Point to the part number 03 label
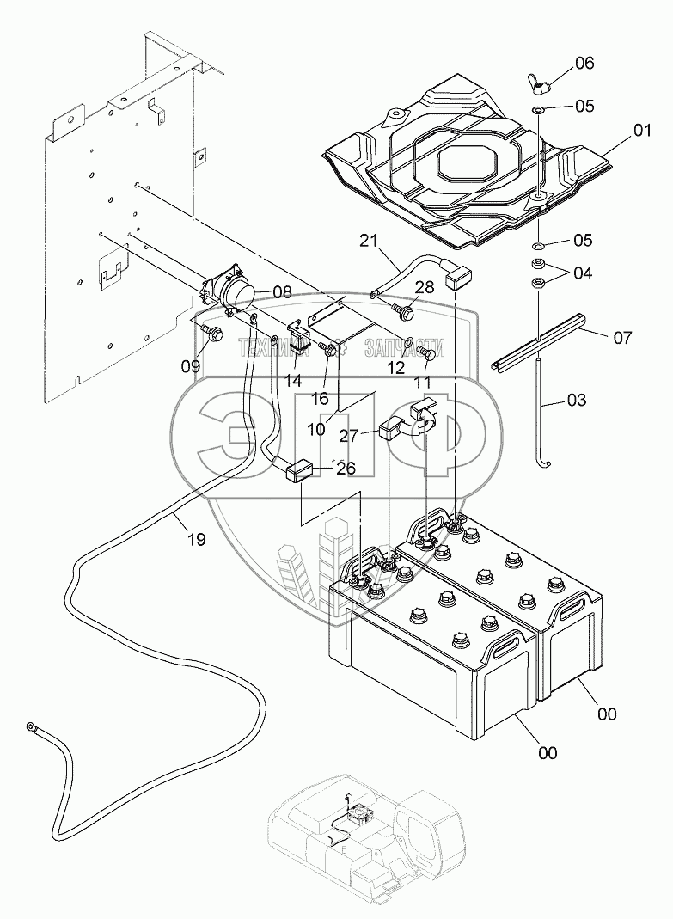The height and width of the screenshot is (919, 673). (x=578, y=400)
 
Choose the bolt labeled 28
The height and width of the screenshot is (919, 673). (x=400, y=305)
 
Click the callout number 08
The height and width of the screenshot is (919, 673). (x=282, y=292)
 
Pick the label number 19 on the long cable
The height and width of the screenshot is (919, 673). (x=197, y=540)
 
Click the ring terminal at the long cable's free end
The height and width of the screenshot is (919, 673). (x=34, y=729)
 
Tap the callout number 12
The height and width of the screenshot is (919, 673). (x=395, y=367)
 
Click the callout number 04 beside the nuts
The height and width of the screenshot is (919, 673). (x=582, y=273)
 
